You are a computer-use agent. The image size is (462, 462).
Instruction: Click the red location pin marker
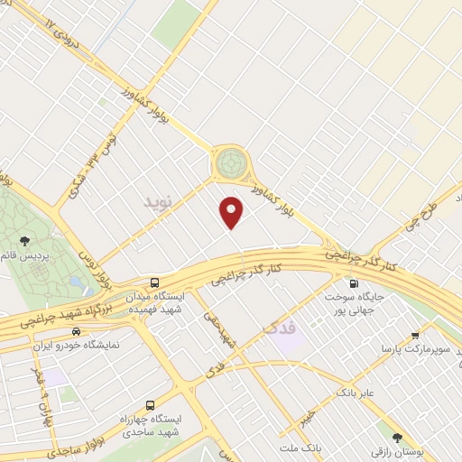point(232,212)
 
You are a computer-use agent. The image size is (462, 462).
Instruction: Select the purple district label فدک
point(281,325)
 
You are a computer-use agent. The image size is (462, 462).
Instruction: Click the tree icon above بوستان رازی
point(396,437)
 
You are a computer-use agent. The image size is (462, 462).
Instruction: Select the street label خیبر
point(307,413)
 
